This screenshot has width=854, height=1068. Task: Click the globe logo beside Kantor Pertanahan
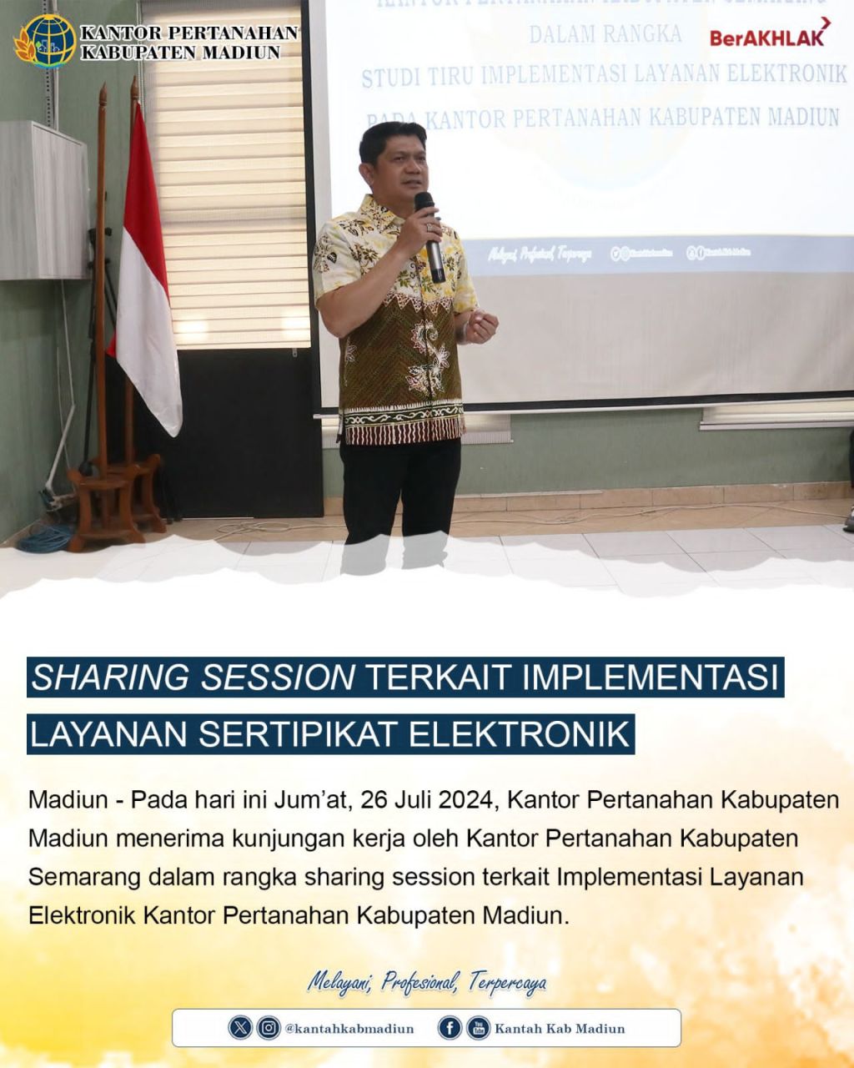(46, 40)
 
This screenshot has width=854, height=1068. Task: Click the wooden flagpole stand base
(116, 501)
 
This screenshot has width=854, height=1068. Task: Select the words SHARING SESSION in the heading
(193, 678)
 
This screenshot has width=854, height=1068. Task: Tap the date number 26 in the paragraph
(377, 799)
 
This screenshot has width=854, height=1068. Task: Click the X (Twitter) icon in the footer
(240, 1028)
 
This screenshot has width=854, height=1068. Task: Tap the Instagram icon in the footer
(269, 1028)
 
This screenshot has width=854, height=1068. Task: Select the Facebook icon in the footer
(450, 1028)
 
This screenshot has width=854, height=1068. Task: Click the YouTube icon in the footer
(478, 1028)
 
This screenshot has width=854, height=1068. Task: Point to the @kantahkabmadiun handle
(349, 1029)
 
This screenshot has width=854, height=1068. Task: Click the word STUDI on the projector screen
(392, 77)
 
